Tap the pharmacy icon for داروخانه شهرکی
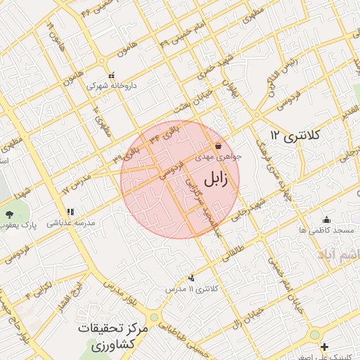[x=111, y=75]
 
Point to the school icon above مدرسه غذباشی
[x=70, y=212]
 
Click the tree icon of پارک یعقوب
[x=8, y=214]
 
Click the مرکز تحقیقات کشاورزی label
[x=113, y=337]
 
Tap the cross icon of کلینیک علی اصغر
[x=324, y=346]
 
